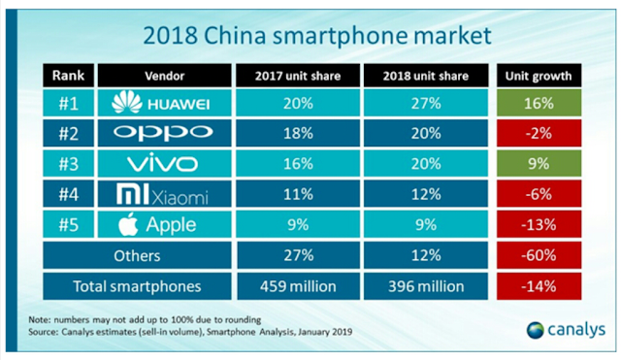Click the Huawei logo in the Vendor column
(161, 102)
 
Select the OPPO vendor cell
(164, 133)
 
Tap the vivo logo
(162, 164)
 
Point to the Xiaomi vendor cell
(164, 194)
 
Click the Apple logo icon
(128, 224)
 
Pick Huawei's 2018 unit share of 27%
(426, 103)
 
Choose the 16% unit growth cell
(539, 103)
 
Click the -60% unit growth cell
(539, 255)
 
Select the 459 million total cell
(298, 286)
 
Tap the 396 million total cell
(426, 286)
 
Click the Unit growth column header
(539, 76)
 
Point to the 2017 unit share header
(298, 76)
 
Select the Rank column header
(68, 76)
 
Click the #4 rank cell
(68, 194)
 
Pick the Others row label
(137, 255)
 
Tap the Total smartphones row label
(137, 286)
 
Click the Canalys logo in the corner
(566, 330)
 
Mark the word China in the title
(235, 35)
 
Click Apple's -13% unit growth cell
(539, 224)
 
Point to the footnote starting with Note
(145, 319)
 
